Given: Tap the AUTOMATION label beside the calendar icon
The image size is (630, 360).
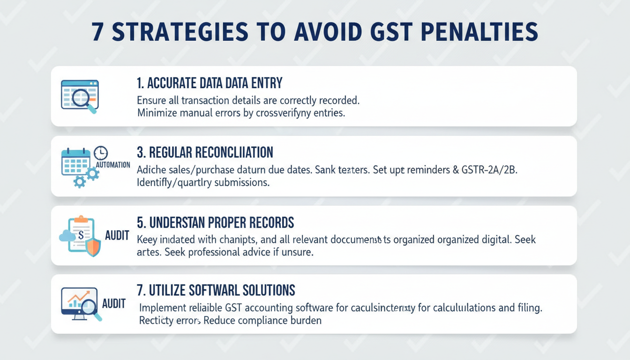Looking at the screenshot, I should pyautogui.click(x=113, y=165).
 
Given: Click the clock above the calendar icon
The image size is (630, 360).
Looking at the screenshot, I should pyautogui.click(x=101, y=153).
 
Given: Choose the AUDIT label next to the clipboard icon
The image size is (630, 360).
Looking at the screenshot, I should pyautogui.click(x=117, y=235).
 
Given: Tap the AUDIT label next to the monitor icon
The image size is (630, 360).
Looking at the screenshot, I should pyautogui.click(x=113, y=303).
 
